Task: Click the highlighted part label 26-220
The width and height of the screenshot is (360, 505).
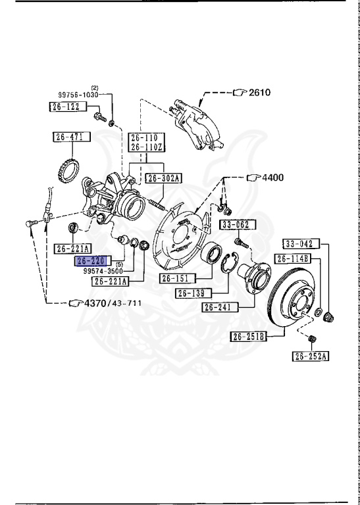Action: (91, 260)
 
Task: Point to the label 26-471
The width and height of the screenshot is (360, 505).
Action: (68, 137)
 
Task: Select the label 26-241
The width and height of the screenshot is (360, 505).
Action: (217, 306)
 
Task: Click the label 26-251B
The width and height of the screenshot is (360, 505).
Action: (248, 337)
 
